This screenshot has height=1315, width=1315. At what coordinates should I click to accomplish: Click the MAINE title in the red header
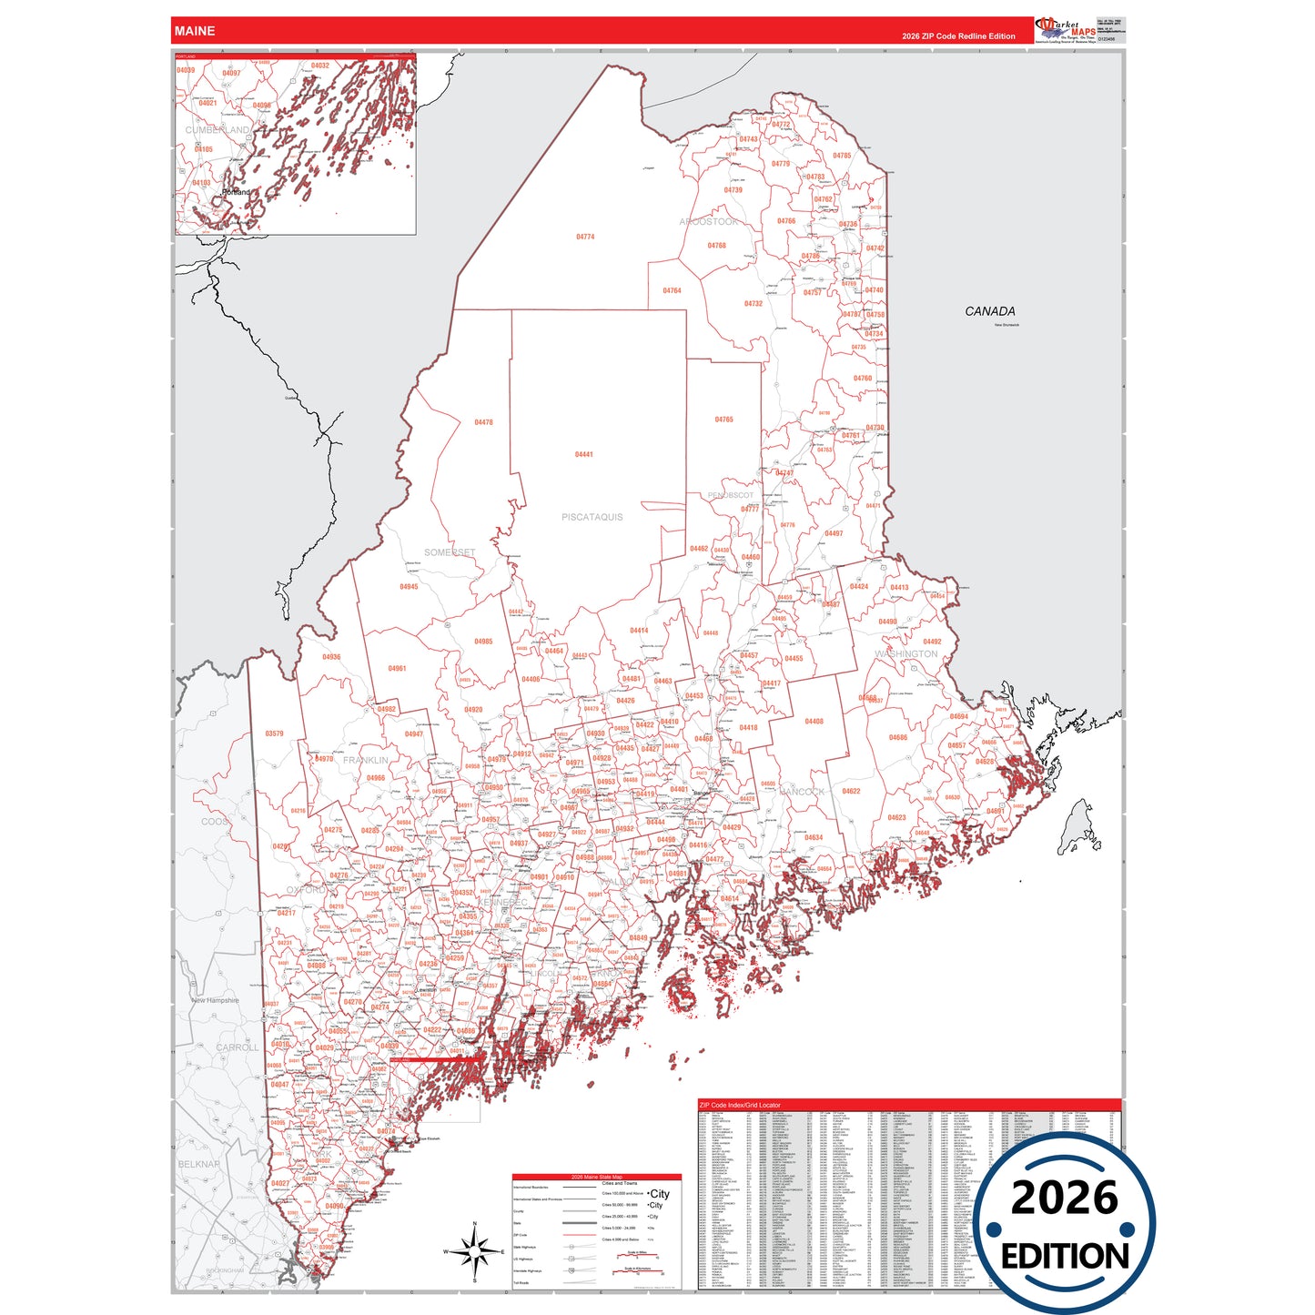pos(195,31)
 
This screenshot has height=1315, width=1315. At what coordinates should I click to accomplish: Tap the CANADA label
pos(990,311)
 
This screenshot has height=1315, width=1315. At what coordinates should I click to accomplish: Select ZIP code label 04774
pos(585,237)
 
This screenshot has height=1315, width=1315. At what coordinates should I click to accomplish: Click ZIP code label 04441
pos(584,454)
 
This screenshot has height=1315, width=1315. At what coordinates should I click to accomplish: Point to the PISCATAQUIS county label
pos(592,517)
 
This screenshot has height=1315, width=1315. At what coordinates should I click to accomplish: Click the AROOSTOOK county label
pos(709,222)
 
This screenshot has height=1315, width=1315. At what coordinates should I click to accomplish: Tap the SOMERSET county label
pos(450,552)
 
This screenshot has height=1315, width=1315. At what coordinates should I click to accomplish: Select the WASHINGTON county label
pos(906,654)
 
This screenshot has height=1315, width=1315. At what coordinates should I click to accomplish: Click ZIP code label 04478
pos(483,422)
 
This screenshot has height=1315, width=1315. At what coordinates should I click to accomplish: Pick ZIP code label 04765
pos(723,420)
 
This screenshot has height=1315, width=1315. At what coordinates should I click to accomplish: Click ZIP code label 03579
pos(274,733)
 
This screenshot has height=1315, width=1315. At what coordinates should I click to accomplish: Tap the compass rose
pos(474,1252)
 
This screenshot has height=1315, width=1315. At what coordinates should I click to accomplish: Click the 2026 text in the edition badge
pos(1064,1199)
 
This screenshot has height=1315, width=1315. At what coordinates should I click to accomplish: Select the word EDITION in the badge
pos(1065,1257)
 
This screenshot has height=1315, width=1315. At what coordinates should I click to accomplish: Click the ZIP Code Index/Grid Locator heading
pos(739,1105)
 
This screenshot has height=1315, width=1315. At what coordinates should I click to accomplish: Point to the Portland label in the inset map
pos(237,193)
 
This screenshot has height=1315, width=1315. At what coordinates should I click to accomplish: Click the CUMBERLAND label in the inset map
pos(217,130)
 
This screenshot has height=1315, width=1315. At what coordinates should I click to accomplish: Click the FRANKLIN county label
pos(366,760)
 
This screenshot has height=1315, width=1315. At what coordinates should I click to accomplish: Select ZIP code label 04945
pos(409,587)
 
